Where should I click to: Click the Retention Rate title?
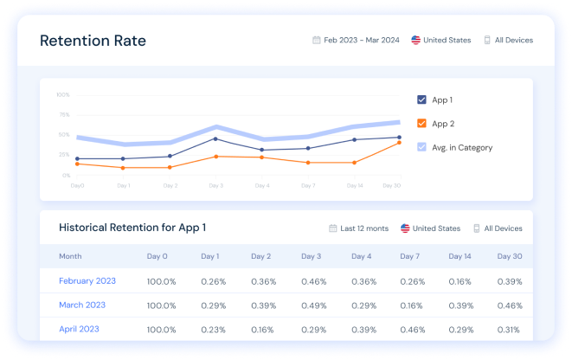93,41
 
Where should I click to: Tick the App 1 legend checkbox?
421,100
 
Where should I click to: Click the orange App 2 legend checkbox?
421,124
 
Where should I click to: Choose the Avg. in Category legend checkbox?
421,147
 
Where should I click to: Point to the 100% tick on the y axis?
63,94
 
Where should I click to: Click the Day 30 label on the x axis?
391,185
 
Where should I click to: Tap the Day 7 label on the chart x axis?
308,185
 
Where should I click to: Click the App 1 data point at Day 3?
215,138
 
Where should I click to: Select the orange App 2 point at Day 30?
399,143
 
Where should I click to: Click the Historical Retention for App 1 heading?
132,228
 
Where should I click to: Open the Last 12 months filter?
358,228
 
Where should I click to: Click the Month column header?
70,256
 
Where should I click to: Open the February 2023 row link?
87,281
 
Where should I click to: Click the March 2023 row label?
82,305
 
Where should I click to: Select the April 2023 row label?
79,329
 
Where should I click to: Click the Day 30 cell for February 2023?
510,281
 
